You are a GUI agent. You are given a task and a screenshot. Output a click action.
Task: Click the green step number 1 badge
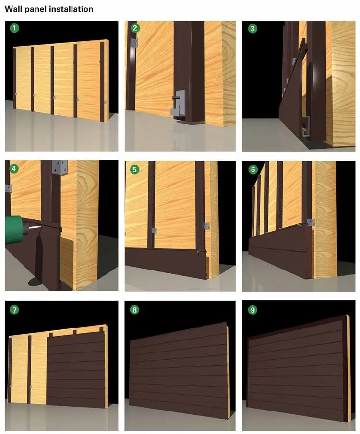tap(14, 28)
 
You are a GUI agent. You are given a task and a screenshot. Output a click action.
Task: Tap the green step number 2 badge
tap(134, 28)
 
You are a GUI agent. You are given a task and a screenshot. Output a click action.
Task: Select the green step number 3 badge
tap(252, 28)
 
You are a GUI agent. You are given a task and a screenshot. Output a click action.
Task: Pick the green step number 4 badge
tap(14, 169)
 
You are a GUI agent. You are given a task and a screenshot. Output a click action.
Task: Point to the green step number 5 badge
tap(134, 169)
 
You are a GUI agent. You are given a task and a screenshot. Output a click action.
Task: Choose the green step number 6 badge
tap(252, 169)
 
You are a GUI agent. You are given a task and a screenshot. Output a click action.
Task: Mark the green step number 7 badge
tap(14, 309)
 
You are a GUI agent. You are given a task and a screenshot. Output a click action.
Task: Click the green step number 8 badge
tap(134, 309)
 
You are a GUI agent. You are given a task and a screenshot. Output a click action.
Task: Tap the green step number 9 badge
tap(252, 309)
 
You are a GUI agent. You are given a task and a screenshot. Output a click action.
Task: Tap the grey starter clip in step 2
tap(178, 103)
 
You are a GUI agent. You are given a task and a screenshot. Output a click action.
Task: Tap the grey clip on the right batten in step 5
tap(207, 225)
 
